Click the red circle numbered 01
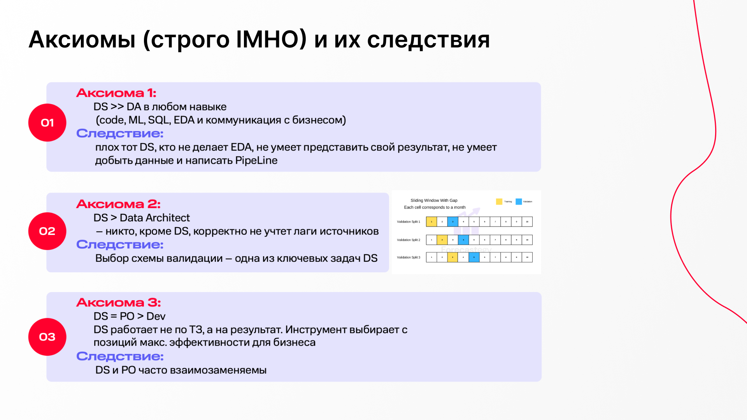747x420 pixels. (x=47, y=122)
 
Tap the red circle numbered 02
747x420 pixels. (x=47, y=231)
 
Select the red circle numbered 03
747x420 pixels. (x=47, y=337)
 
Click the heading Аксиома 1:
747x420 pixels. (x=116, y=93)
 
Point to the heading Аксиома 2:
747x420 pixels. (x=118, y=204)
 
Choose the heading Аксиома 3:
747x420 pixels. (x=118, y=303)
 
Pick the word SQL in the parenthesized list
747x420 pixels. (x=159, y=120)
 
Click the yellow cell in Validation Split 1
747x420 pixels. (x=431, y=222)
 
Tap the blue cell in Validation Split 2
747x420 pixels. (x=463, y=240)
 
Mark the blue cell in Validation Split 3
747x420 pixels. (x=474, y=257)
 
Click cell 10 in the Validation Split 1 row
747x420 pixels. (x=527, y=222)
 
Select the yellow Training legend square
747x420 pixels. (x=499, y=201)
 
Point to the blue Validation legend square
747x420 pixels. (x=519, y=201)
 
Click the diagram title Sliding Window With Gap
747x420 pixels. (x=434, y=201)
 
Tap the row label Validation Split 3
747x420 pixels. (x=409, y=257)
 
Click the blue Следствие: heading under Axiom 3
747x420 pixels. (x=120, y=356)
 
